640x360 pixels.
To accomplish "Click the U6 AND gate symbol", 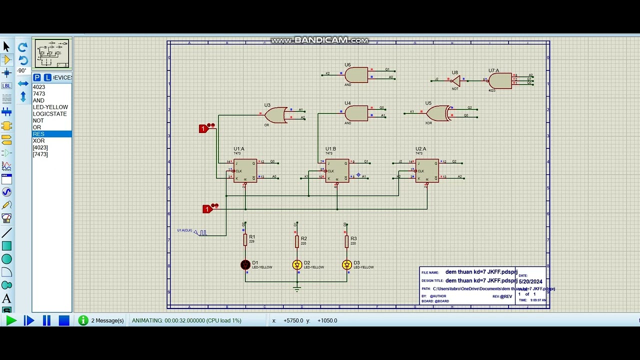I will point(355,75).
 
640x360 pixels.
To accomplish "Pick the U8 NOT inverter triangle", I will point(455,80).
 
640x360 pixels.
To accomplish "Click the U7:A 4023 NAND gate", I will point(499,80).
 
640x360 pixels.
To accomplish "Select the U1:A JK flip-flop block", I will point(245,170).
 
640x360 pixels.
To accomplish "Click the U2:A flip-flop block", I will point(426,170).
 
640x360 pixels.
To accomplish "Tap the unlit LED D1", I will point(245,265).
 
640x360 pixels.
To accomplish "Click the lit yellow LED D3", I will point(346,265).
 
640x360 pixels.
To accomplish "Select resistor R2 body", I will point(296,241).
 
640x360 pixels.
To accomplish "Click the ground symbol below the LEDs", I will point(297,288).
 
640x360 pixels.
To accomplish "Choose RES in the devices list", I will point(39,134).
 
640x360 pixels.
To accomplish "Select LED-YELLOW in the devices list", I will point(50,107).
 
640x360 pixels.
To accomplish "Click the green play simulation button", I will point(11,320).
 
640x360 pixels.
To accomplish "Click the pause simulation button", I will point(46,320).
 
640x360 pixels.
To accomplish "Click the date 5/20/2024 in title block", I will point(530,281).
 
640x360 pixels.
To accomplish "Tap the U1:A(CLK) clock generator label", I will point(184,230).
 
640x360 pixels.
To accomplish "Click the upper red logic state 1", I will point(203,129).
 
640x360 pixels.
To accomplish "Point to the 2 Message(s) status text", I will point(107,320).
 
